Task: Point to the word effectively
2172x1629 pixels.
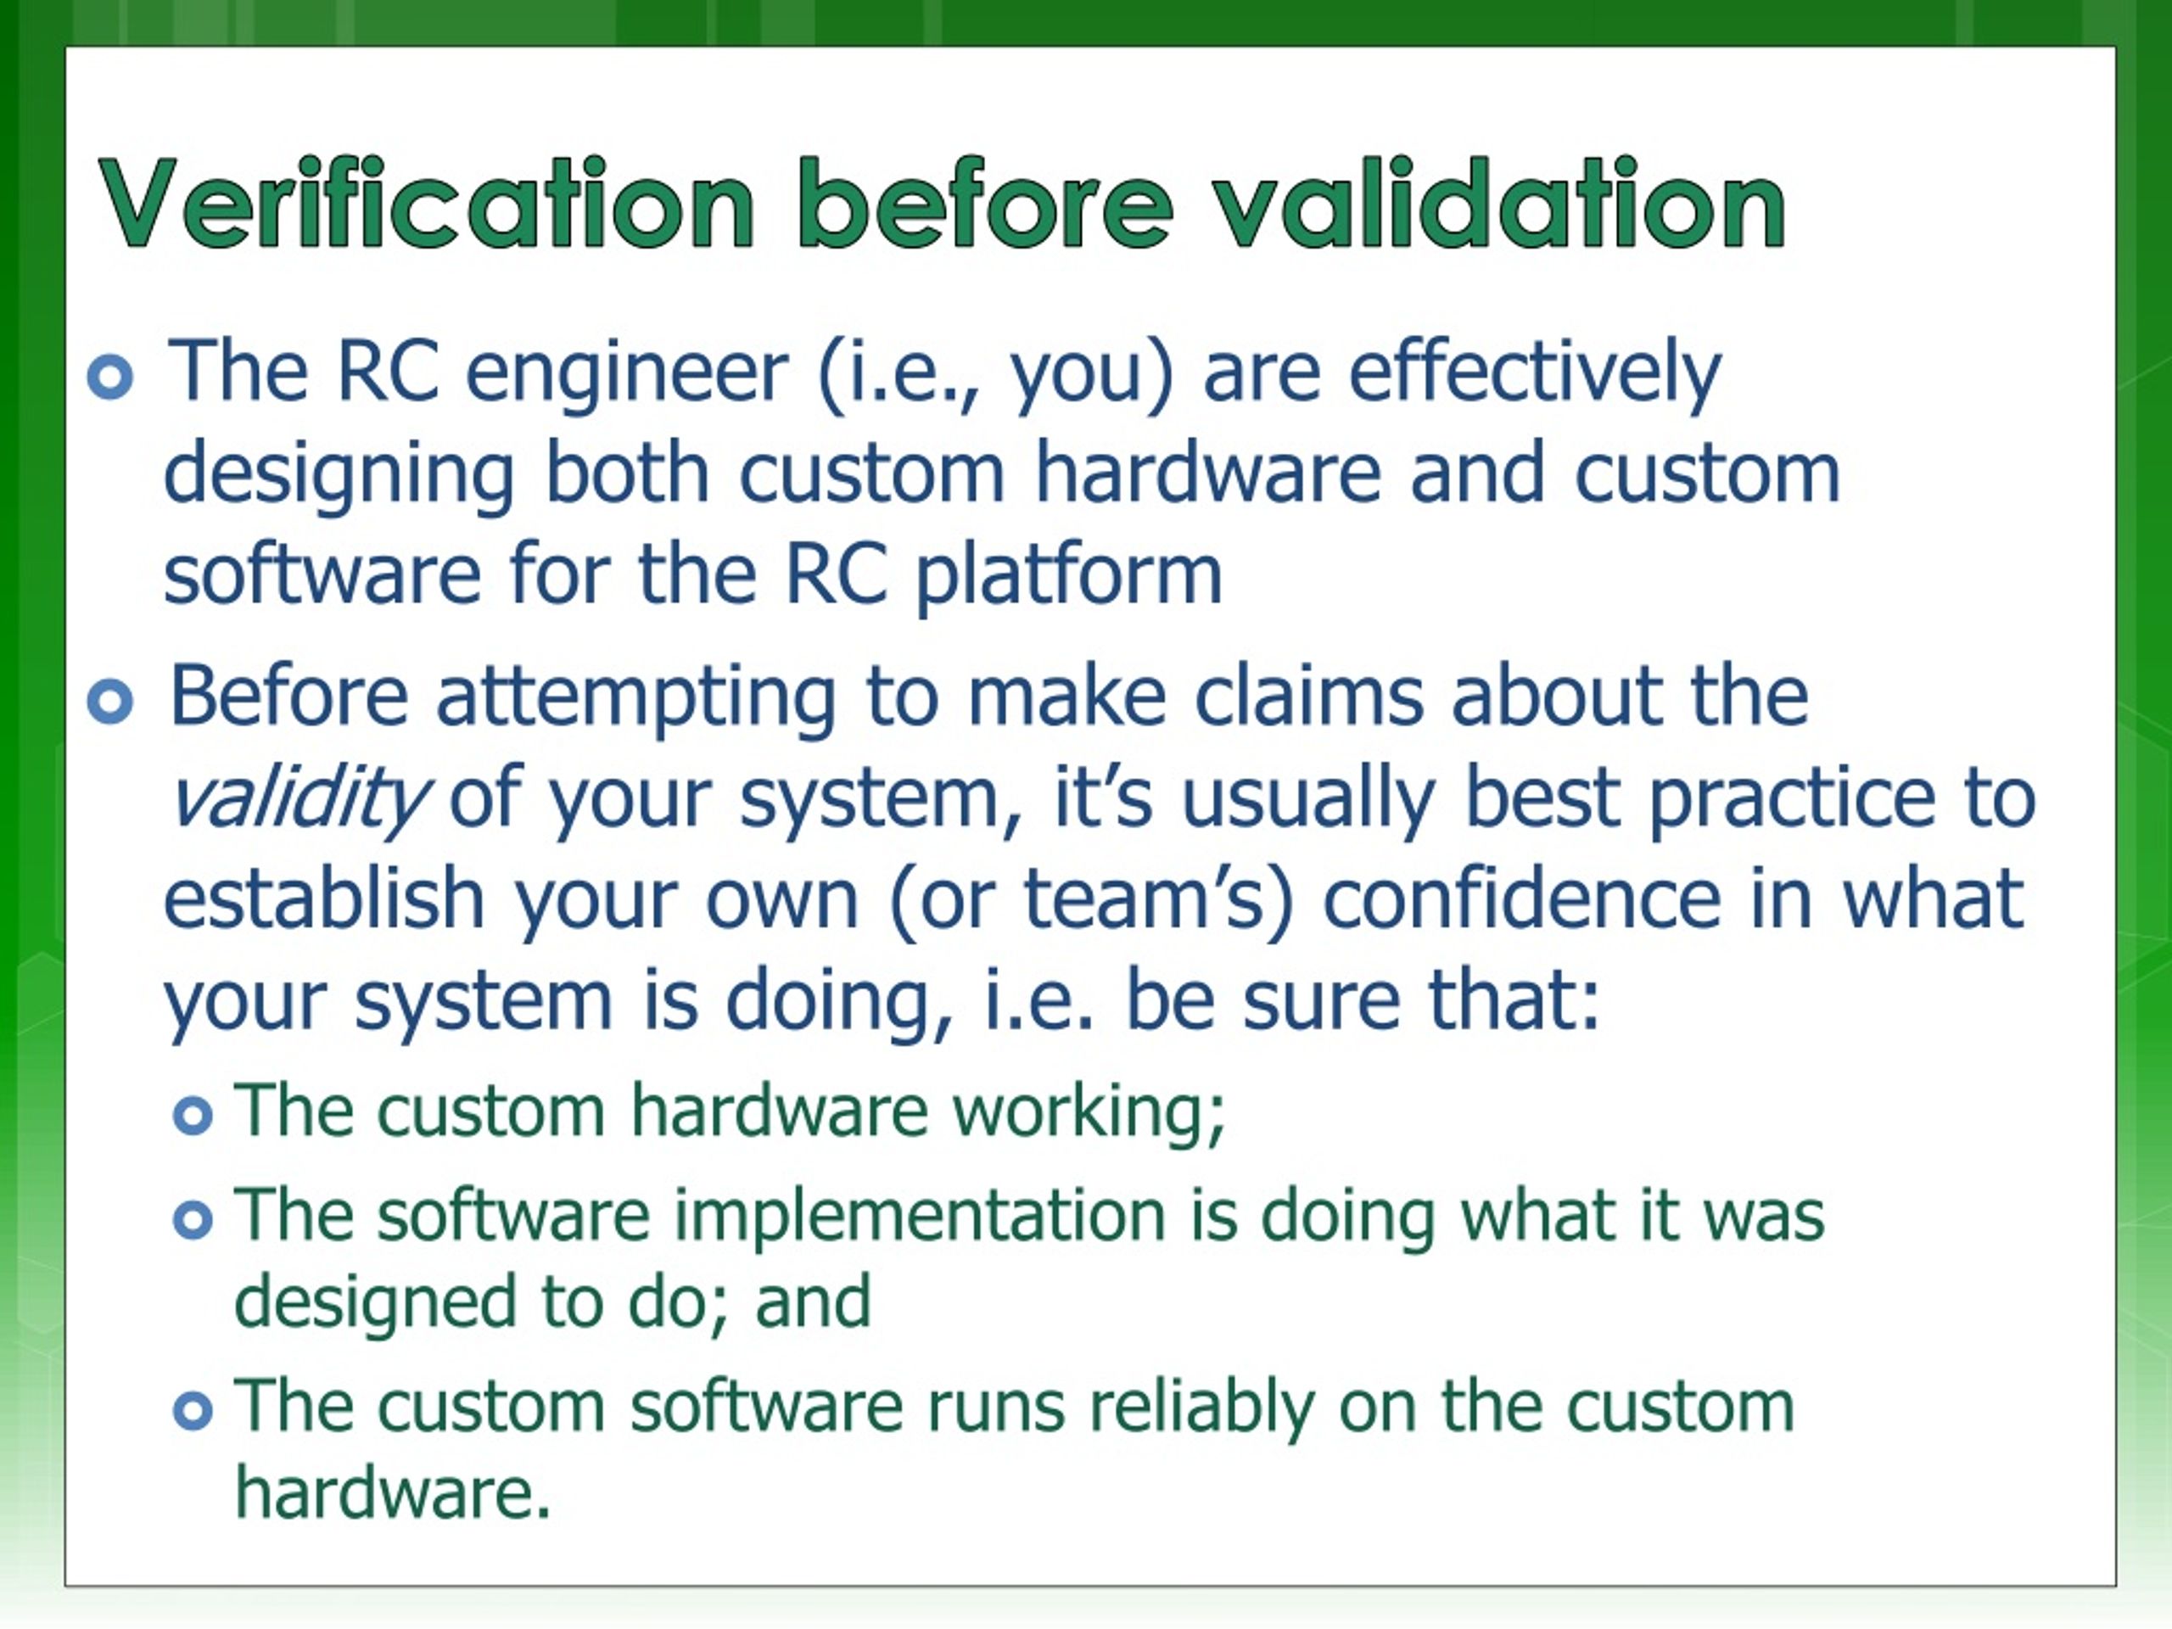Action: pyautogui.click(x=1535, y=376)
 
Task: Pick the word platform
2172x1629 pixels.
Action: pyautogui.click(x=1069, y=579)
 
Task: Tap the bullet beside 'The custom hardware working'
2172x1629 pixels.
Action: pyautogui.click(x=193, y=1116)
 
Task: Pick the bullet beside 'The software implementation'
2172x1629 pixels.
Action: pyautogui.click(x=193, y=1221)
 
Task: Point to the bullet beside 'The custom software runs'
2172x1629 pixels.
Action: pyautogui.click(x=193, y=1412)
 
